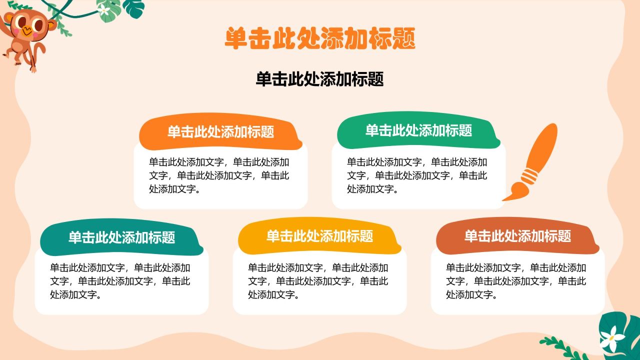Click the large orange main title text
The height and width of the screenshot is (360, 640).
[320, 38]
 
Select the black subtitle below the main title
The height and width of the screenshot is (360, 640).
[320, 79]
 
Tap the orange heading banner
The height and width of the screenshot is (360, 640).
[220, 132]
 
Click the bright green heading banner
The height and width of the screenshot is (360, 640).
[418, 131]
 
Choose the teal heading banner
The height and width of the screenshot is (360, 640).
[121, 237]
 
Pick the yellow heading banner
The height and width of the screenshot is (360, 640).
[319, 236]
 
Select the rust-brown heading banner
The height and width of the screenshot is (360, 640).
[517, 236]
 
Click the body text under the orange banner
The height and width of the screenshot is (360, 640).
[219, 175]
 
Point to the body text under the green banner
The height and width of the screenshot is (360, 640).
[417, 175]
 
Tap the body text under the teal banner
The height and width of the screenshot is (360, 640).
[120, 281]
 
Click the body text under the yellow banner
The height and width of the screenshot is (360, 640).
[318, 281]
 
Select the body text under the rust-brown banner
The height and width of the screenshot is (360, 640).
[516, 281]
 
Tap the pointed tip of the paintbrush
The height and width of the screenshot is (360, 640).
[504, 199]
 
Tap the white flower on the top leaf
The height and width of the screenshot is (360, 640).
[104, 10]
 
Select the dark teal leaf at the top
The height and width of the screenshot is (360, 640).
[134, 7]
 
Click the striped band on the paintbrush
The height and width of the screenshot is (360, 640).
[530, 175]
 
